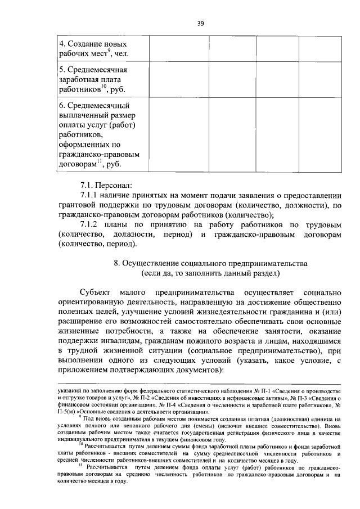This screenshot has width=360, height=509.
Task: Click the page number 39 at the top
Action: click(x=200, y=23)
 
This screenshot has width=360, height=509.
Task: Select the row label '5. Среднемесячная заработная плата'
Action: click(x=93, y=79)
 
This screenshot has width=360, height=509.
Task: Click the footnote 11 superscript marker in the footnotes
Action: click(x=80, y=466)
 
